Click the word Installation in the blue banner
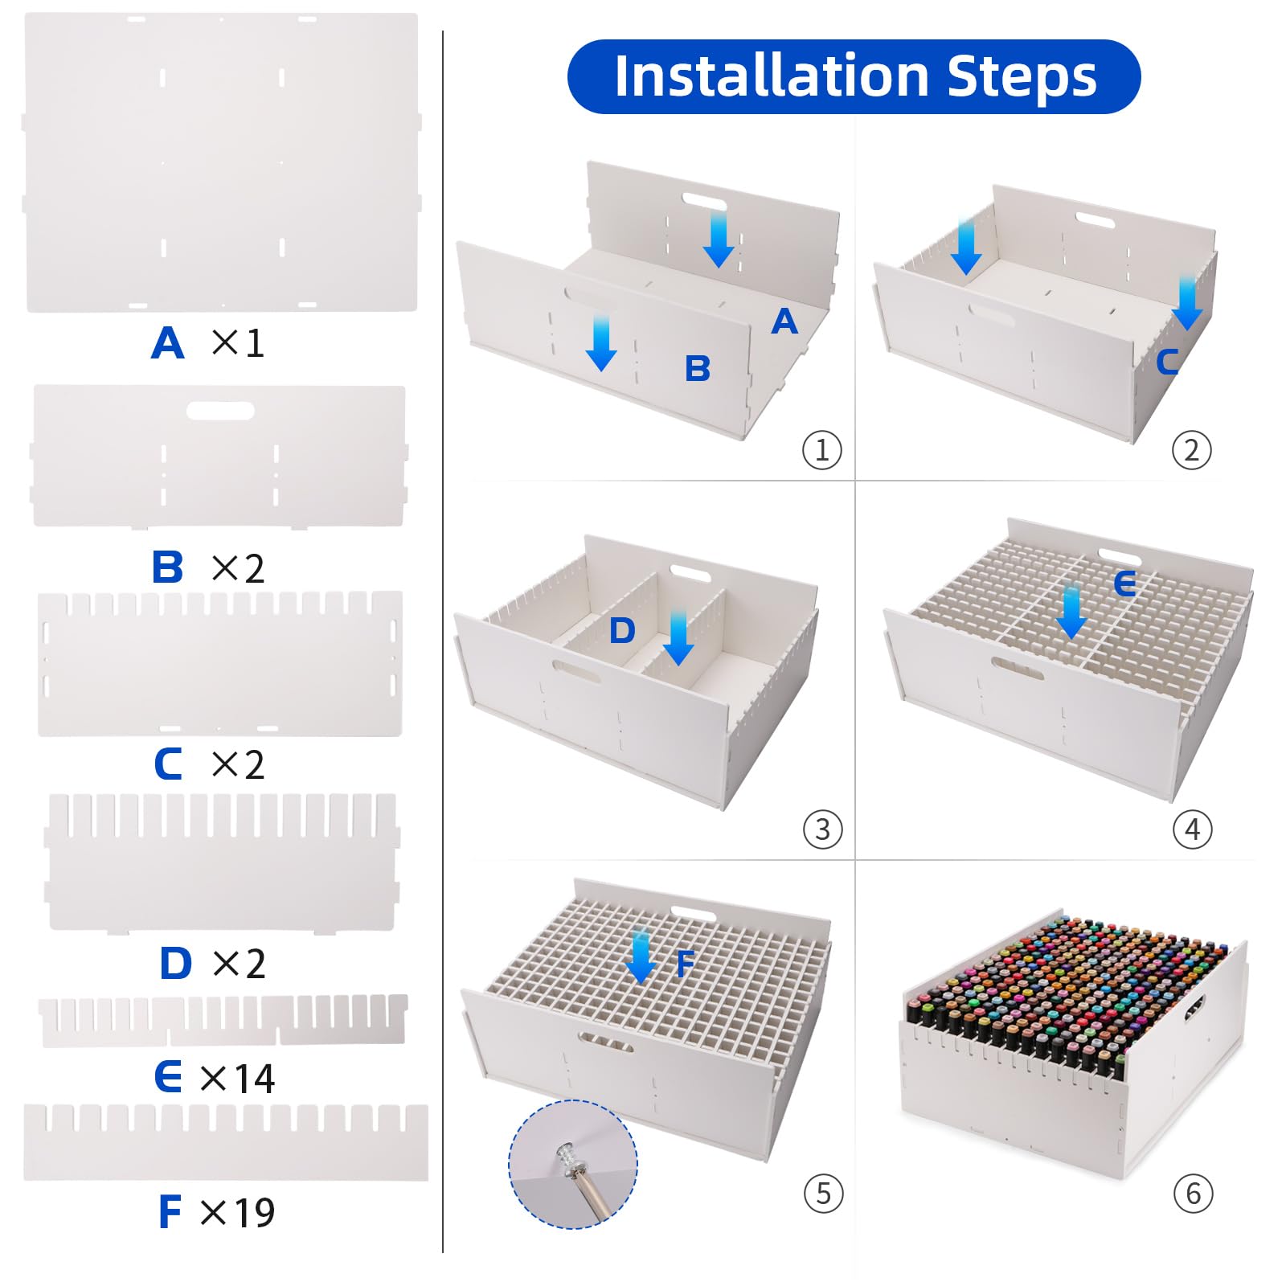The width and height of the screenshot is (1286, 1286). (772, 76)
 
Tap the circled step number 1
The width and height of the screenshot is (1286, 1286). (821, 450)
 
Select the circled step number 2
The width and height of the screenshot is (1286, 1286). (1191, 450)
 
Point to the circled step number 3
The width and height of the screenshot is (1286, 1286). (822, 829)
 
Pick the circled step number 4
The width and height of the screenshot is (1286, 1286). (1192, 829)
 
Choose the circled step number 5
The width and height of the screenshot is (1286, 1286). (823, 1193)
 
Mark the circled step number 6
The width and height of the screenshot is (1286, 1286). (1193, 1193)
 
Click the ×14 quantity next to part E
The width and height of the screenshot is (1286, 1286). (237, 1078)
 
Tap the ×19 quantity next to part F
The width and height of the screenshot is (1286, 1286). (237, 1212)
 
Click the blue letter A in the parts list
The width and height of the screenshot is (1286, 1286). (167, 343)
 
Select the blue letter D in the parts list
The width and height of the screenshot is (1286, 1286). (175, 963)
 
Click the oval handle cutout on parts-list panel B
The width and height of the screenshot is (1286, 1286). (220, 411)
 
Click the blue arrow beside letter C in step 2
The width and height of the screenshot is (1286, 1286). (1186, 302)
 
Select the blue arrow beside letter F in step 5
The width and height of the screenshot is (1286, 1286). (641, 956)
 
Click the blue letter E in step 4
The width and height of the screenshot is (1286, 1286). (1125, 584)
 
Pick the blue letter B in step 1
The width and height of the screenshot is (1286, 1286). (698, 369)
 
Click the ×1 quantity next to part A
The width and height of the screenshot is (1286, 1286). (238, 343)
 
